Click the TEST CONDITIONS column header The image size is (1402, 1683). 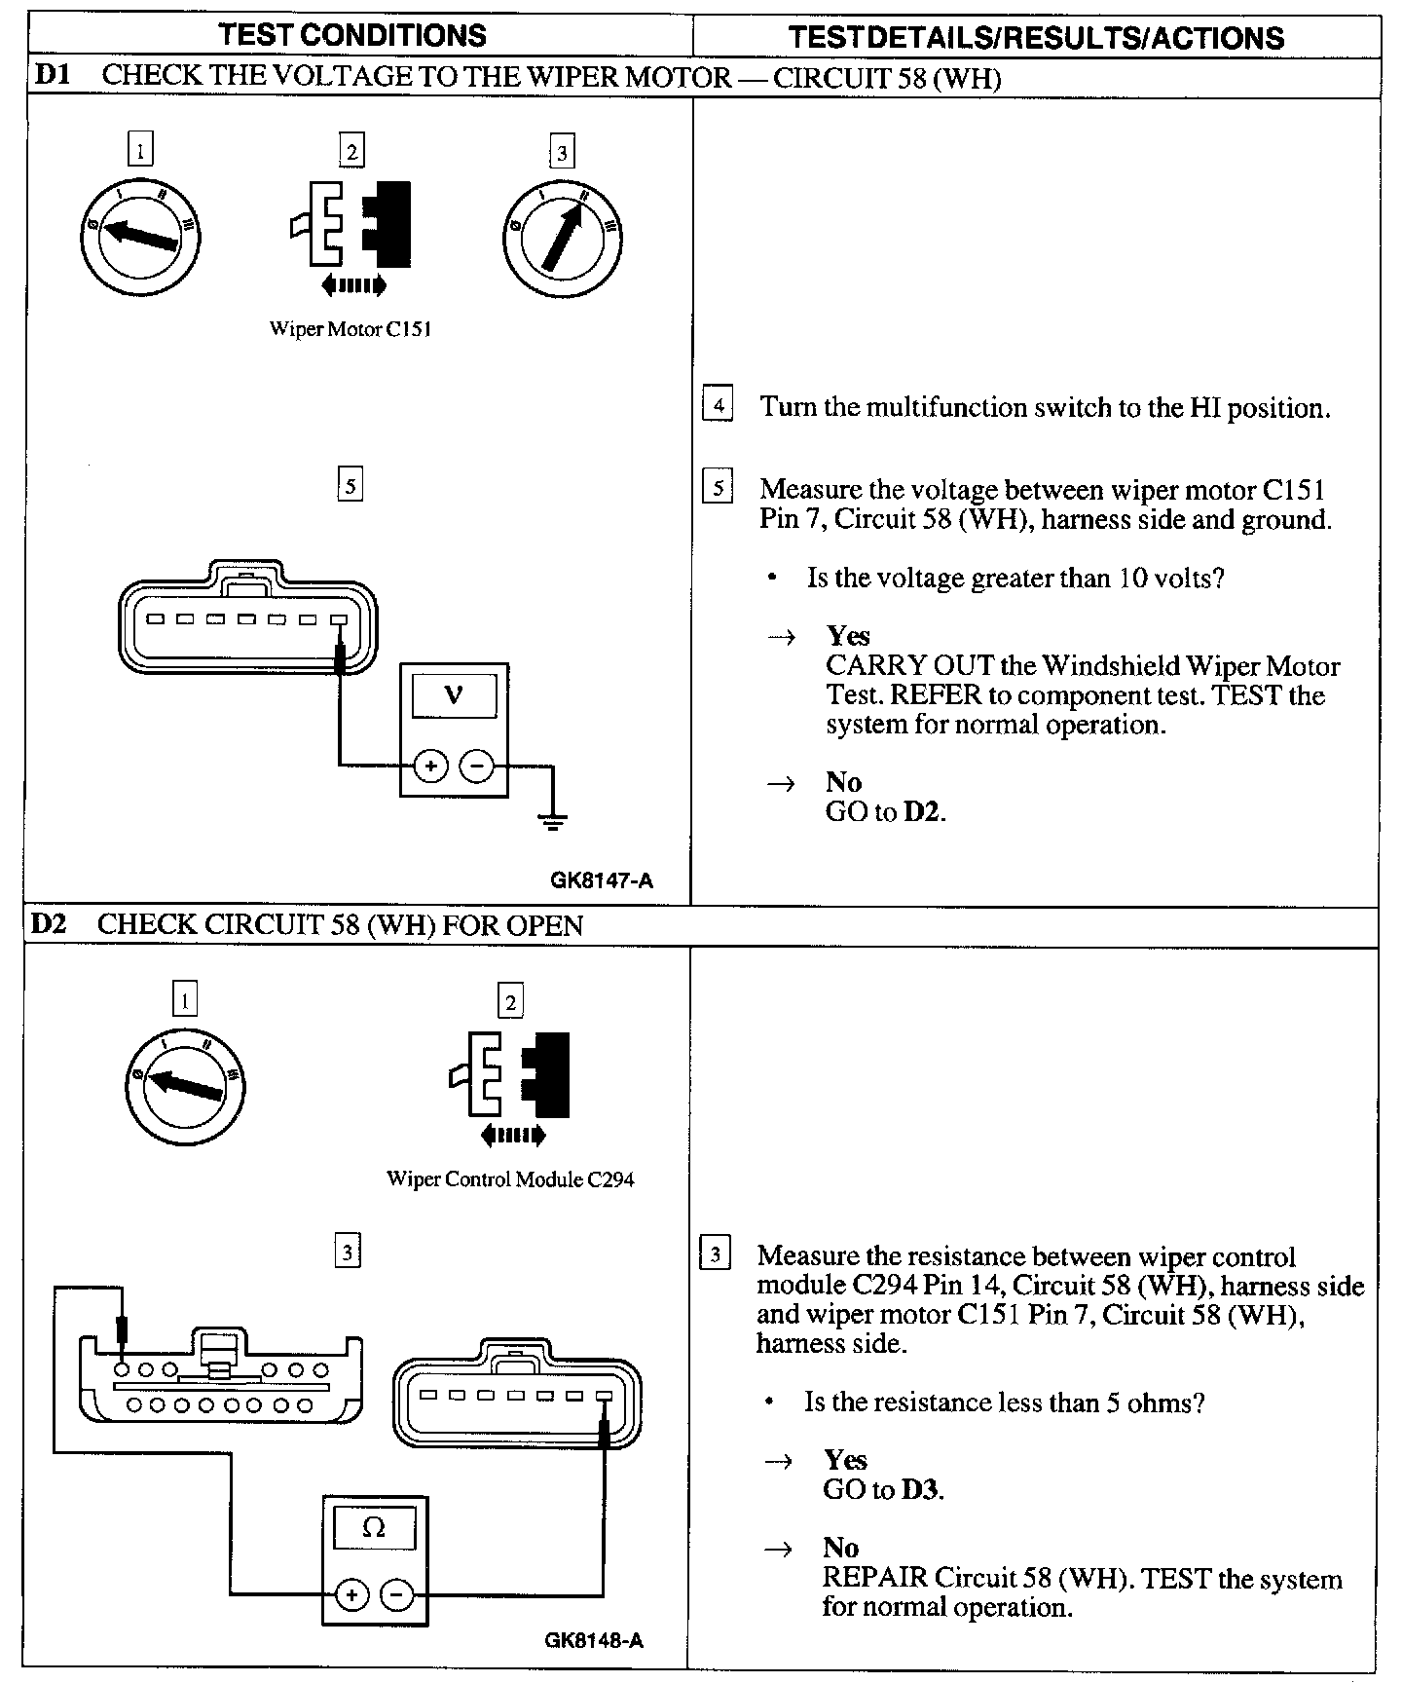pos(352,35)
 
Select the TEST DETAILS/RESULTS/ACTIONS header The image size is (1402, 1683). pos(1036,37)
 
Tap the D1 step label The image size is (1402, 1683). pos(52,76)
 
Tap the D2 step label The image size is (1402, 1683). pos(49,923)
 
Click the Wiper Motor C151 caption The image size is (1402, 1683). pos(350,329)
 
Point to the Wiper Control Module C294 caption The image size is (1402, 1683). pos(510,1179)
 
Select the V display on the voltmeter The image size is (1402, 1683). pos(454,695)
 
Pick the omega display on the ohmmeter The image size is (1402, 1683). pos(374,1528)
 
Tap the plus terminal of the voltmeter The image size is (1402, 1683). pos(429,767)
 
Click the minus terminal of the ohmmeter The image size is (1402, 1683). pos(396,1595)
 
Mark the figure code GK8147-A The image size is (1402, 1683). pos(602,880)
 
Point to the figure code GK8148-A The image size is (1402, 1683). pos(594,1640)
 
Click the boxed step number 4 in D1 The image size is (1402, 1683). pos(718,404)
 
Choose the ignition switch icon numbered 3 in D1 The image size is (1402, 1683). pos(562,238)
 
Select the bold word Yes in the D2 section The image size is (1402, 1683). pos(845,1460)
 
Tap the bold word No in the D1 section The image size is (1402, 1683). pos(843,782)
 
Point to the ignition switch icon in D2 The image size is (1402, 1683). pos(185,1086)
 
